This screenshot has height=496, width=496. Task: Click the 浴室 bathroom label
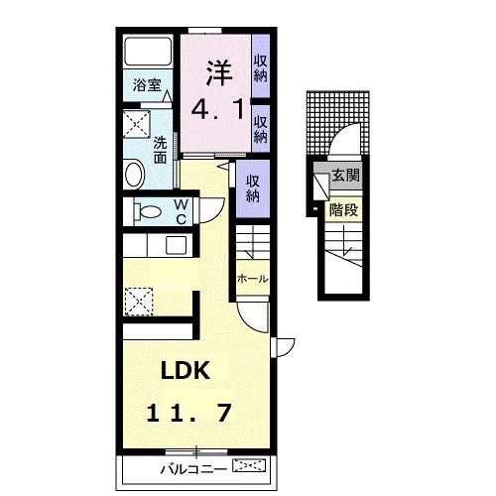click(x=147, y=85)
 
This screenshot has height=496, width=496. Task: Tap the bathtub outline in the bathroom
click(x=148, y=52)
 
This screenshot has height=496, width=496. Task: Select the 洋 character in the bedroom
click(x=219, y=72)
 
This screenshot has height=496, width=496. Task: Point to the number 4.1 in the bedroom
click(x=218, y=109)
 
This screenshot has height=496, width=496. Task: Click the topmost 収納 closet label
click(x=261, y=68)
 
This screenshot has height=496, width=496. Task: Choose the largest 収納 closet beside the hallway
click(x=253, y=188)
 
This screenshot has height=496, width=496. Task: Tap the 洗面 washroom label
click(x=160, y=150)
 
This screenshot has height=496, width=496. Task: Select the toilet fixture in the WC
click(x=148, y=211)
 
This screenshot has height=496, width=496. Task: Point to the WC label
click(x=182, y=211)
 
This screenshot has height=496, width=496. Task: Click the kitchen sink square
click(x=177, y=245)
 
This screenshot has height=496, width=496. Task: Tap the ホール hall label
click(x=253, y=279)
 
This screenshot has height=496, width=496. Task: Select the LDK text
click(x=186, y=370)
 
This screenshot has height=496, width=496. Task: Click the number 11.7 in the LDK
click(x=188, y=414)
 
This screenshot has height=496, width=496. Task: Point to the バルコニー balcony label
click(x=193, y=469)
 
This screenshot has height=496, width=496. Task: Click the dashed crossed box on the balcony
click(x=249, y=465)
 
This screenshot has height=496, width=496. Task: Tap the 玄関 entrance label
click(x=345, y=176)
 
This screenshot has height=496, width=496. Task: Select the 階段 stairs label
click(x=344, y=209)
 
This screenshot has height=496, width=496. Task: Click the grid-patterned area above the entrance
click(x=338, y=123)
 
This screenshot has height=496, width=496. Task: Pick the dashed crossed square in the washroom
click(x=137, y=124)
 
